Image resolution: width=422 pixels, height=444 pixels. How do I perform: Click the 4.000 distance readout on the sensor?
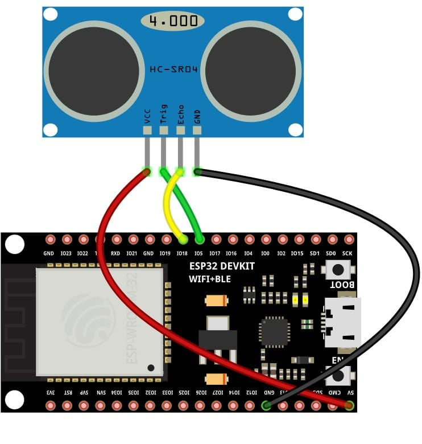[x=173, y=22]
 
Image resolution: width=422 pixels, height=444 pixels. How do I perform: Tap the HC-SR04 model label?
[x=173, y=69]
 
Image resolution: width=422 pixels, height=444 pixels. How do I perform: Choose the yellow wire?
[x=167, y=205]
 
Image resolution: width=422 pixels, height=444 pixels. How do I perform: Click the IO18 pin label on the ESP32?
[x=182, y=253]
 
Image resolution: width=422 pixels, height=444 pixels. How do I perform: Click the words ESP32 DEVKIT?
[x=222, y=266]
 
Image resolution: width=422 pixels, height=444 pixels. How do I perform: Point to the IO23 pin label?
[x=66, y=253]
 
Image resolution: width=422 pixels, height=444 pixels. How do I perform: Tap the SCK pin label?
[x=347, y=253]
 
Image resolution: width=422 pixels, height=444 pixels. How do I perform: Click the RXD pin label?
[x=115, y=253]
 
